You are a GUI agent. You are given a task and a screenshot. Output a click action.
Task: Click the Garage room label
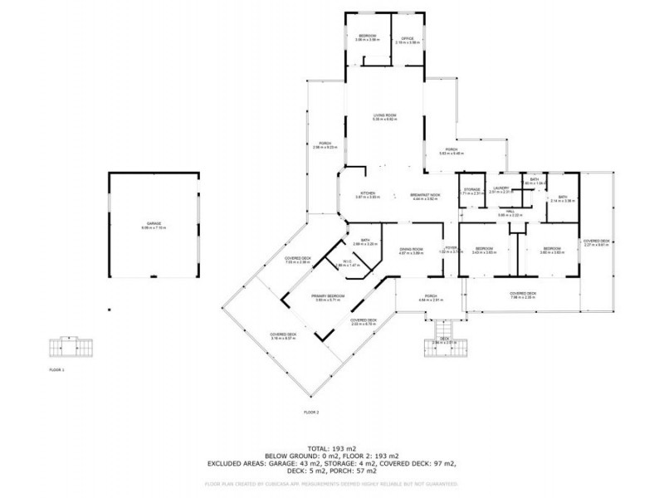pos(154,225)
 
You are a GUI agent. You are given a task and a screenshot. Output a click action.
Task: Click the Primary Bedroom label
pos(329,297)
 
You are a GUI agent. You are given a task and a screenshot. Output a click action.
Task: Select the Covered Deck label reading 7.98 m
pos(524,295)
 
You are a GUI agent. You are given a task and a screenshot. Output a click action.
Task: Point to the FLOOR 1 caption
pos(56,370)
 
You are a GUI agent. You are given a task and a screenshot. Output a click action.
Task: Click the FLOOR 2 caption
pos(311,413)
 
